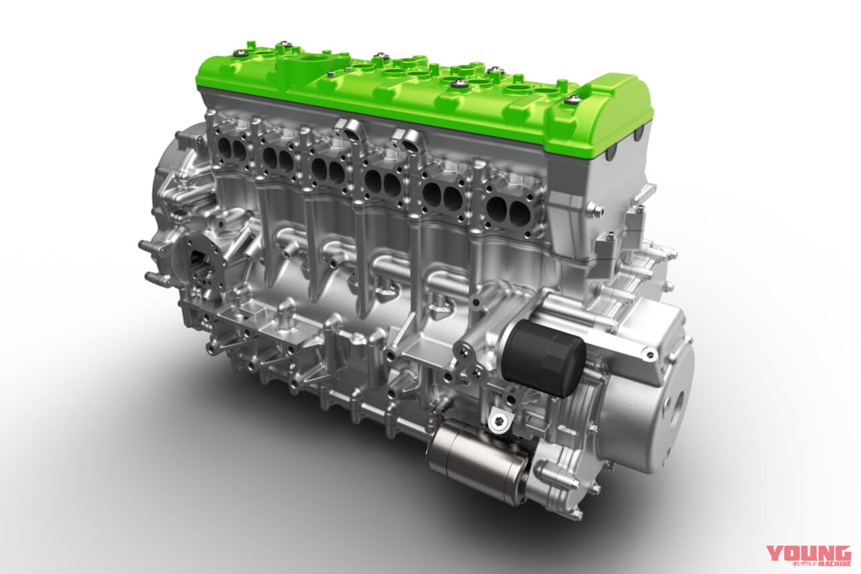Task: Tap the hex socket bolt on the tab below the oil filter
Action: tap(497, 422)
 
